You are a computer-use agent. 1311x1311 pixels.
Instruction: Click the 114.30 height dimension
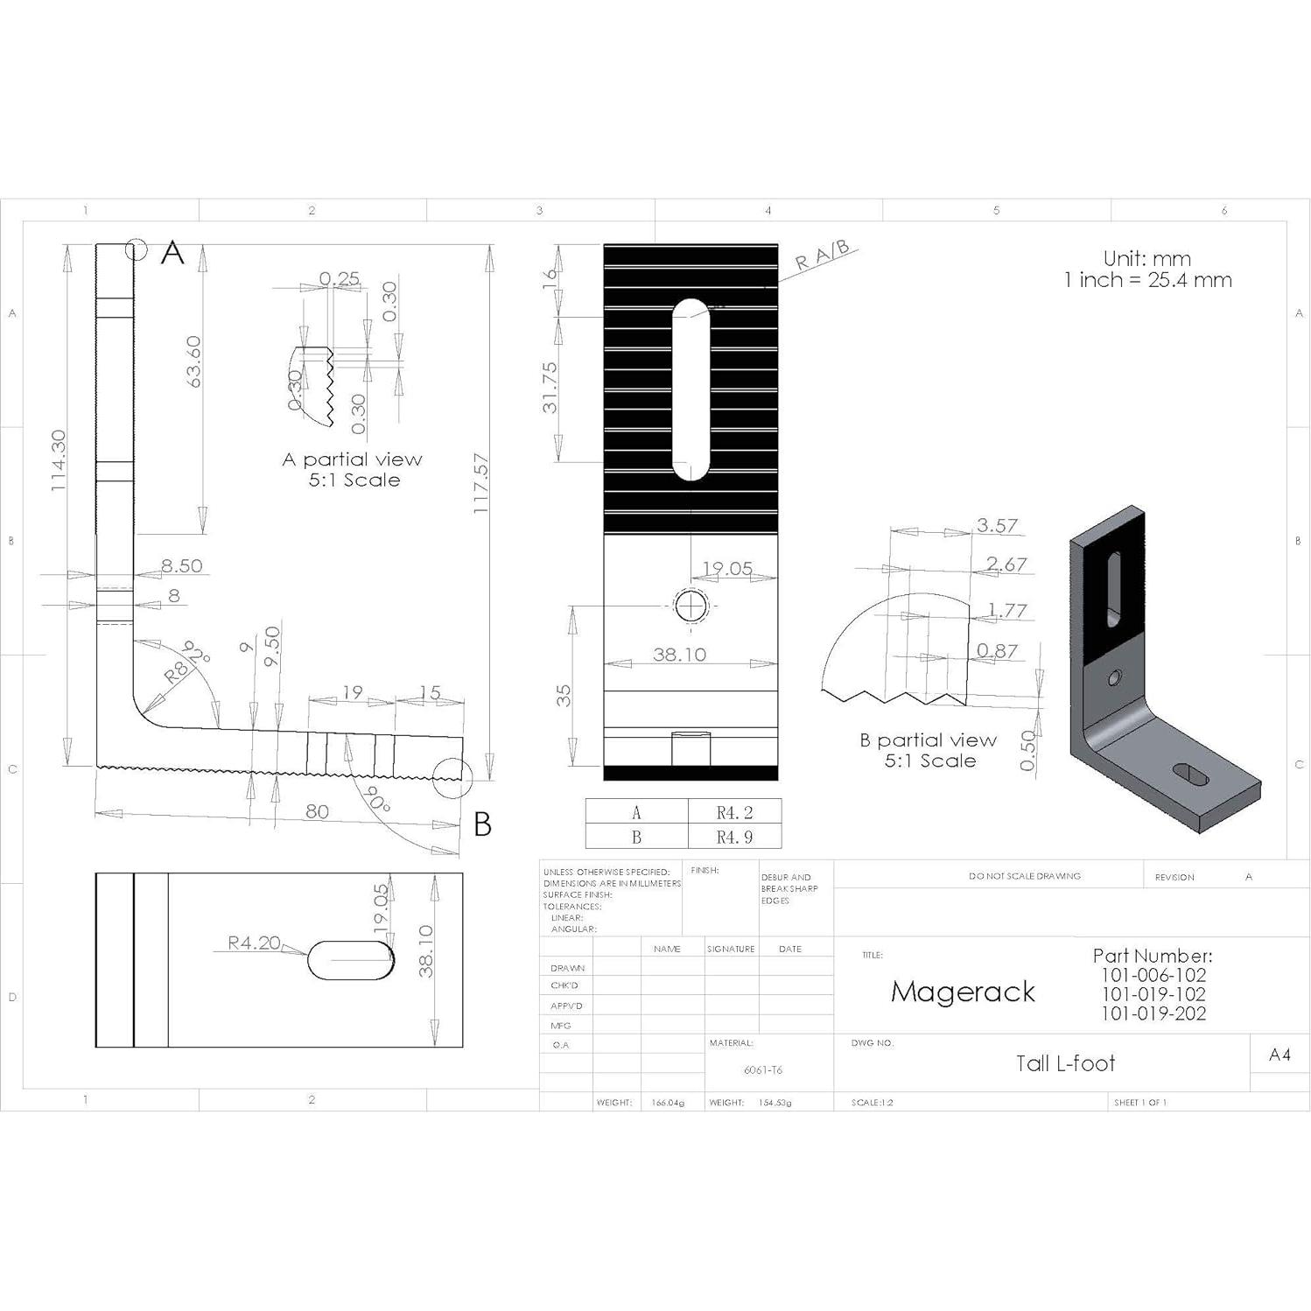pyautogui.click(x=58, y=460)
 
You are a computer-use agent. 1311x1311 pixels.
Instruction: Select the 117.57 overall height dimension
pyautogui.click(x=480, y=483)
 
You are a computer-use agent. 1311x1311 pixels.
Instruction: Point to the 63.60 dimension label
pyautogui.click(x=193, y=361)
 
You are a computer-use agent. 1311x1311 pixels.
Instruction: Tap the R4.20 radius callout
pyautogui.click(x=254, y=943)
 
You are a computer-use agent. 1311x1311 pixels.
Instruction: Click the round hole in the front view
pyautogui.click(x=691, y=606)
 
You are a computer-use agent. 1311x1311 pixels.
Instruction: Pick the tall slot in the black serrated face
pyautogui.click(x=691, y=389)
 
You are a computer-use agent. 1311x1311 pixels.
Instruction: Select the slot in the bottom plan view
pyautogui.click(x=351, y=960)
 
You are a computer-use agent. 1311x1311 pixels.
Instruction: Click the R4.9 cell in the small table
pyautogui.click(x=734, y=837)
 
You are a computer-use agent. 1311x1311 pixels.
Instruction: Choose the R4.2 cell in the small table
pyautogui.click(x=734, y=812)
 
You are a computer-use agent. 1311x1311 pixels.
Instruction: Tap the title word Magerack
pyautogui.click(x=963, y=992)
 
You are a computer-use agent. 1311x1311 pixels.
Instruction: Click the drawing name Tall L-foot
pyautogui.click(x=1065, y=1063)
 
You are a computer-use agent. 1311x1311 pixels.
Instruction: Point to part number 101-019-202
pyautogui.click(x=1153, y=1013)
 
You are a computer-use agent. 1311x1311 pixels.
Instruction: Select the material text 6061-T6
pyautogui.click(x=762, y=1070)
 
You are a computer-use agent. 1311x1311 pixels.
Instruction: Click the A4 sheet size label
pyautogui.click(x=1279, y=1055)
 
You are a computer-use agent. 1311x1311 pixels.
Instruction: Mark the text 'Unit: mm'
pyautogui.click(x=1146, y=259)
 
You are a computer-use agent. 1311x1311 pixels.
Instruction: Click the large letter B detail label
pyautogui.click(x=482, y=824)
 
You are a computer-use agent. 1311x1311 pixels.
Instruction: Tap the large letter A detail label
pyautogui.click(x=172, y=253)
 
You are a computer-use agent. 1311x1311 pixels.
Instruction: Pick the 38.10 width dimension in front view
pyautogui.click(x=679, y=655)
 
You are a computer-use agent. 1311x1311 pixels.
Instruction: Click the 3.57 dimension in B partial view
pyautogui.click(x=997, y=525)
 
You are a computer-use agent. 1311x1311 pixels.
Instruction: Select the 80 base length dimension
pyautogui.click(x=317, y=811)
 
